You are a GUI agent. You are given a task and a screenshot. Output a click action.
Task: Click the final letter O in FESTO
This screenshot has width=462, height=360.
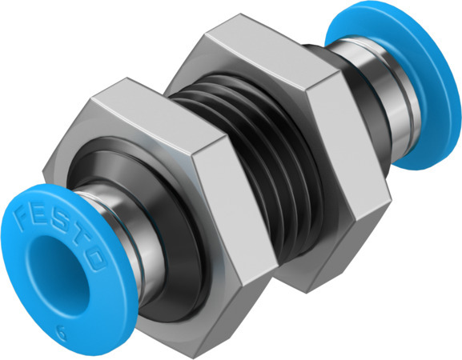point(97,258)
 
